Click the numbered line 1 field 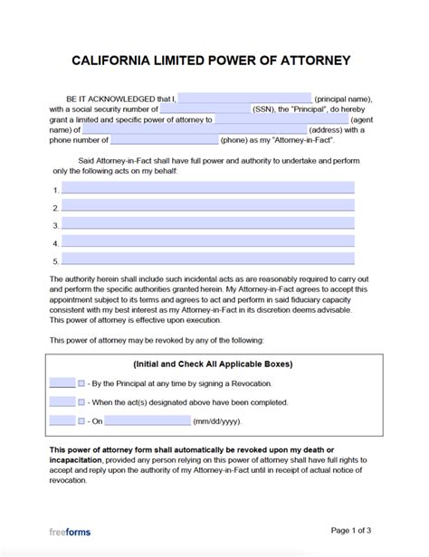click(207, 189)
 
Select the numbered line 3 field click(207, 225)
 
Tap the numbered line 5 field click(207, 261)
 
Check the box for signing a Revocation click(81, 382)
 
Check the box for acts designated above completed click(81, 401)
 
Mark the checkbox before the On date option click(81, 420)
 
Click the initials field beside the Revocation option click(62, 382)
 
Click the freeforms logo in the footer click(70, 532)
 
